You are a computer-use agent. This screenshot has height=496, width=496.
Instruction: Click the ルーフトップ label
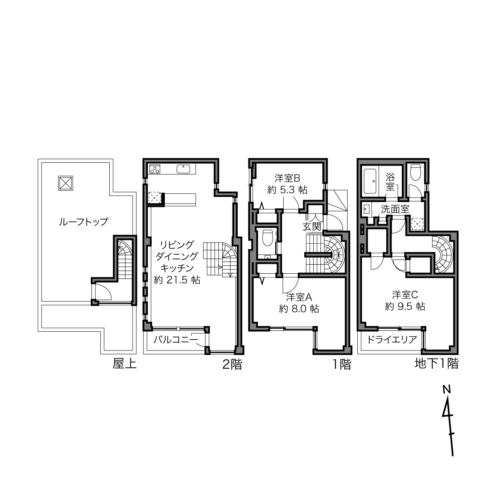pyautogui.click(x=84, y=221)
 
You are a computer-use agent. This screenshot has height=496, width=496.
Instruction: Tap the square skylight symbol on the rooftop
pyautogui.click(x=65, y=183)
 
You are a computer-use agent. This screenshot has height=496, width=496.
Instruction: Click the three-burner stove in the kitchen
pyautogui.click(x=155, y=169)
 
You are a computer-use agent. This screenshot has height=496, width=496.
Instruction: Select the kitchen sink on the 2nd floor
pyautogui.click(x=183, y=169)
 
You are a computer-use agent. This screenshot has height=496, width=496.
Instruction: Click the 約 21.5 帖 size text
pyautogui.click(x=177, y=280)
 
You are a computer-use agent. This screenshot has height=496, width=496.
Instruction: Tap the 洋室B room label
pyautogui.click(x=288, y=178)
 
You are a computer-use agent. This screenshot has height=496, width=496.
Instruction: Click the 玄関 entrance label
pyautogui.click(x=312, y=227)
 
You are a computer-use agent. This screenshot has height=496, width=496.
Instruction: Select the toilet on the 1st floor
pyautogui.click(x=267, y=238)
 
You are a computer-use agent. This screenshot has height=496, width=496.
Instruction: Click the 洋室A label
pyautogui.click(x=299, y=297)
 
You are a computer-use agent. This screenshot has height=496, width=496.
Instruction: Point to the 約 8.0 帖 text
pyautogui.click(x=299, y=309)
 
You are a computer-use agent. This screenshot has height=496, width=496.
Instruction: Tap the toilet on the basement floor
pyautogui.click(x=415, y=172)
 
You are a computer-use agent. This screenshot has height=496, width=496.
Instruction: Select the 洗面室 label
pyautogui.click(x=395, y=209)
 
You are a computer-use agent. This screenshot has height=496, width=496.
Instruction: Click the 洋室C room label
pyautogui.click(x=405, y=295)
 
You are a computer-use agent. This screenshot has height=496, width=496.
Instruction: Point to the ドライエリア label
pyautogui.click(x=392, y=340)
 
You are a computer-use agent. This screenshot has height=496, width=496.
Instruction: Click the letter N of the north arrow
pyautogui.click(x=447, y=390)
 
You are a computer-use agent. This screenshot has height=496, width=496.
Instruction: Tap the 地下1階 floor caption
pyautogui.click(x=437, y=364)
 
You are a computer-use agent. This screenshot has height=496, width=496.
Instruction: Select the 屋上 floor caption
pyautogui.click(x=124, y=364)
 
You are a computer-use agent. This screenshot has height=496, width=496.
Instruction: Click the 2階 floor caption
pyautogui.click(x=232, y=364)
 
